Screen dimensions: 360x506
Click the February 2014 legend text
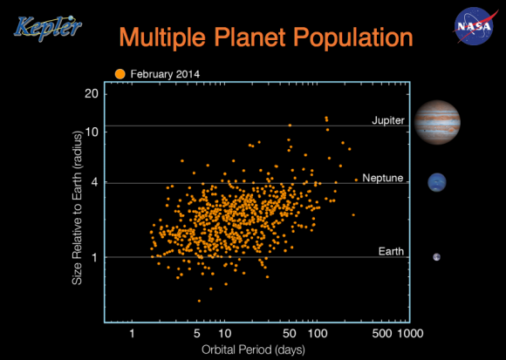(166, 74)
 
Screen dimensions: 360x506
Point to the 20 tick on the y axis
(91, 93)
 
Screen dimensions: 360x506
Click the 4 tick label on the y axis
(94, 183)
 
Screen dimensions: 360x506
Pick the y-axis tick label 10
(91, 131)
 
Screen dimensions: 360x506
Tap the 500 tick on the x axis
(380, 334)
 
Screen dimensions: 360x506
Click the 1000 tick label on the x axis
(410, 334)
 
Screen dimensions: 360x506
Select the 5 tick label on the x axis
(197, 334)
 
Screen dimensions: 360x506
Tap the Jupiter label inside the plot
(387, 119)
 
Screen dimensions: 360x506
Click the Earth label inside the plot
(391, 251)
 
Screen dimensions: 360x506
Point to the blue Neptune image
(436, 182)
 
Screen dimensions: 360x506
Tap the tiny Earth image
(436, 256)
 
